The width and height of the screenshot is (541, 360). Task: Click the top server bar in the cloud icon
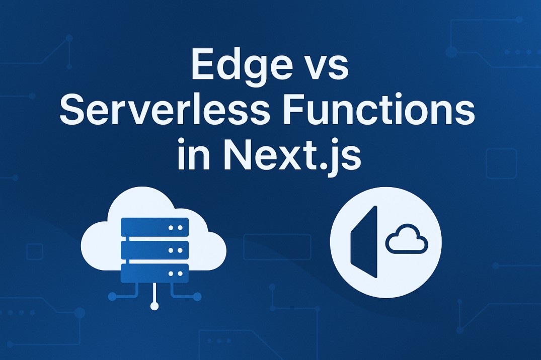(x=154, y=227)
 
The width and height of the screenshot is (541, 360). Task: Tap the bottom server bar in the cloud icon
(x=154, y=273)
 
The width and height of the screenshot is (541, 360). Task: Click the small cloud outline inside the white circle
(x=406, y=240)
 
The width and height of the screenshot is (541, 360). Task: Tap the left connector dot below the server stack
(x=112, y=297)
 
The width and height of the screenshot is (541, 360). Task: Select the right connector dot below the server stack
(x=197, y=297)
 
